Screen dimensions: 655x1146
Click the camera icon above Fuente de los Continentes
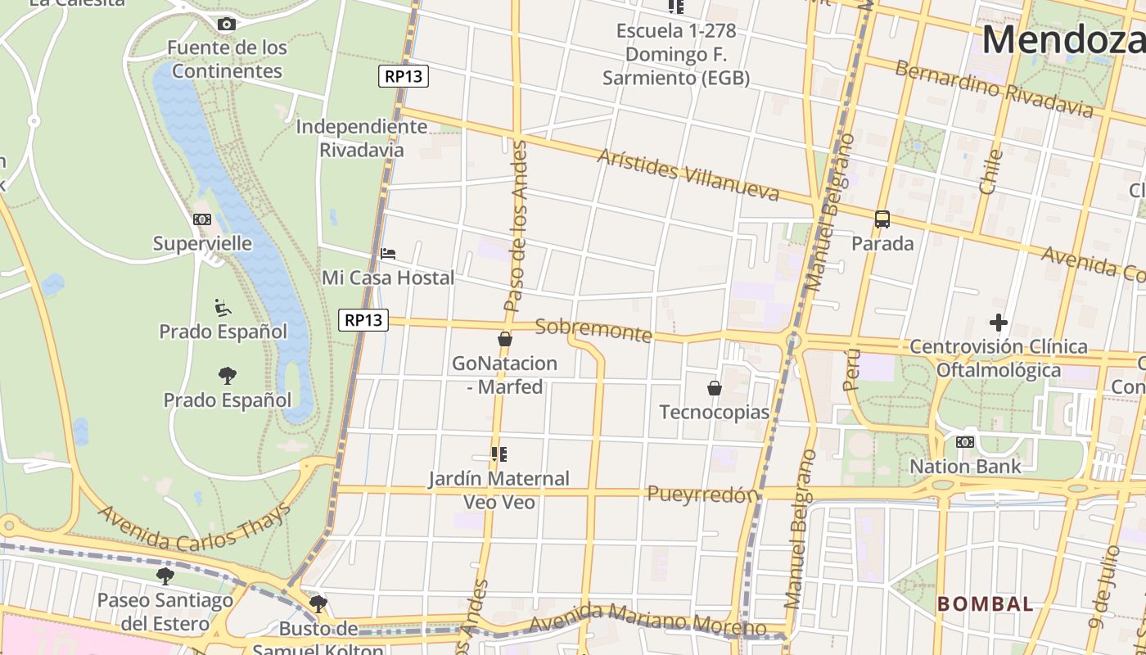227,24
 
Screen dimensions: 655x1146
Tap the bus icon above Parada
882,219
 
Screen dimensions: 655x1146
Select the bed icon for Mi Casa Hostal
388,254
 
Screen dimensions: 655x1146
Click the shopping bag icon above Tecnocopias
715,387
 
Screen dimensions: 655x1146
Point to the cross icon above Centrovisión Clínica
998,323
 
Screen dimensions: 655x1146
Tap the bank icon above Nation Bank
965,442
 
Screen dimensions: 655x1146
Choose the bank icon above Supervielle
202,219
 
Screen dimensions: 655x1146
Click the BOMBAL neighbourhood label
986,604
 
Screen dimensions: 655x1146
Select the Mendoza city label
1063,39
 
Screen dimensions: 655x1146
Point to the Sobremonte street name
593,331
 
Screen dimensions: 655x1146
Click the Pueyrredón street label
702,494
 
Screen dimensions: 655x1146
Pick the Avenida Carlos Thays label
195,528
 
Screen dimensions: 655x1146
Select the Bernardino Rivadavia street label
994,88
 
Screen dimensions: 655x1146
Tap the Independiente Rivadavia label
361,138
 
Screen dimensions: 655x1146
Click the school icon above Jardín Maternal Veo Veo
499,454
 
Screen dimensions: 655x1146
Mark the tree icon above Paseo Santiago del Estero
165,576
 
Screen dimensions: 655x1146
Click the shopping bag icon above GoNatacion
505,339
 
